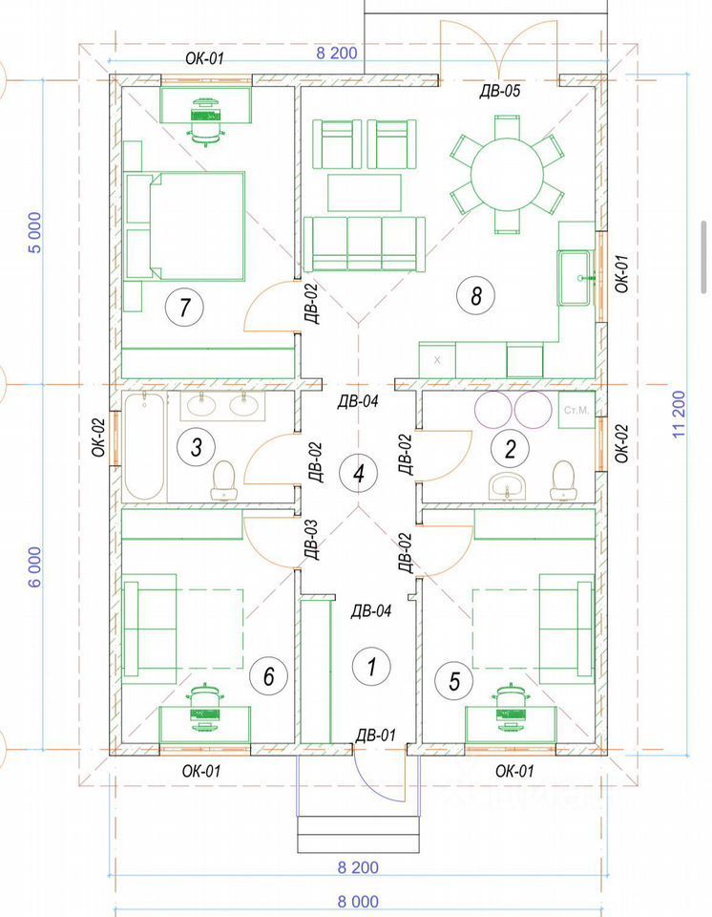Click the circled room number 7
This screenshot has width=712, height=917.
tap(185, 307)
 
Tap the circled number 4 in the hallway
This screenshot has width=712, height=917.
tap(359, 473)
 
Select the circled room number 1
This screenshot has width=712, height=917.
tap(371, 666)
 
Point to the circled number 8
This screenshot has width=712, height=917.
tap(476, 295)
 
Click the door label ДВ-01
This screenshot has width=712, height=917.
tap(376, 736)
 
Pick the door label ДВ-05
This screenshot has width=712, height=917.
tap(499, 91)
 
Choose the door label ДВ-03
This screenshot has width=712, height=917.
tap(311, 540)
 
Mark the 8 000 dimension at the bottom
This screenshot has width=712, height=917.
tap(358, 901)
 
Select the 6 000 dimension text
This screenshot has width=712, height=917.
tap(35, 566)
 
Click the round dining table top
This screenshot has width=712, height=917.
tap(508, 174)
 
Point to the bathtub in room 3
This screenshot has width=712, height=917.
tap(144, 446)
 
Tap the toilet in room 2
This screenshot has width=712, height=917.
tap(562, 480)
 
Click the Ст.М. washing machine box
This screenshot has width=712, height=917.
tap(576, 410)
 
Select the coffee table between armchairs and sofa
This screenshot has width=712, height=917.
tap(365, 192)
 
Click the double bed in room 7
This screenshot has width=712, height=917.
tap(185, 225)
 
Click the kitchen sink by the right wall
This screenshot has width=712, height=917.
tap(576, 278)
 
